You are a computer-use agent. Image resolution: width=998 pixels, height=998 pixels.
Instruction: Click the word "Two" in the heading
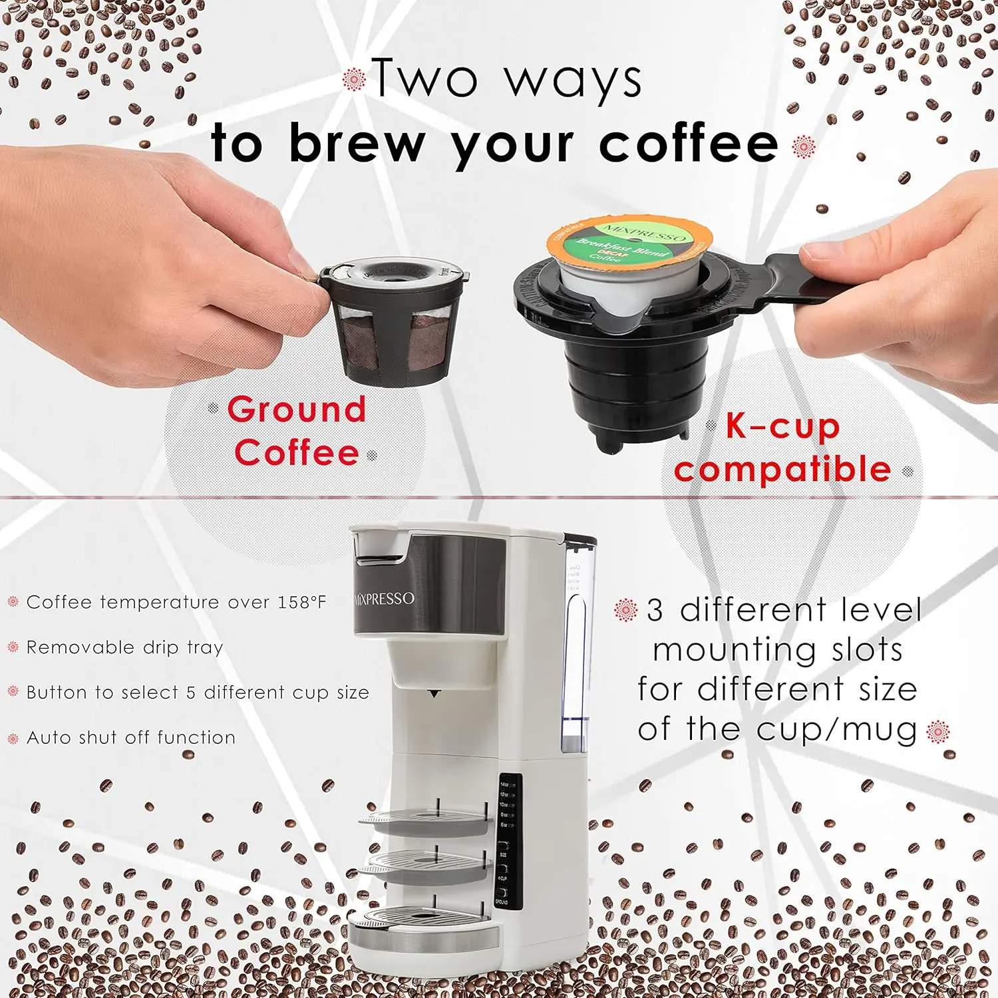[424, 79]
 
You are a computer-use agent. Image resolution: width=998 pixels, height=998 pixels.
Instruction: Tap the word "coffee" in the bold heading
[689, 144]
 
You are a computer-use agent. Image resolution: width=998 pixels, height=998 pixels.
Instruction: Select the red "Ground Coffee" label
[297, 431]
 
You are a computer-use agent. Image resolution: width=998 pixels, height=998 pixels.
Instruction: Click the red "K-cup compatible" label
[782, 448]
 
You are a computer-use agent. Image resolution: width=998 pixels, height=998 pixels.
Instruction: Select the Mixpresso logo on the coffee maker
[385, 598]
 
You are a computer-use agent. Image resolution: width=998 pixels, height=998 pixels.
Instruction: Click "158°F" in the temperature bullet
[302, 602]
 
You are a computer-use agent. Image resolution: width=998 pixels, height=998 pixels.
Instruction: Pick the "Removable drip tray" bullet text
[124, 647]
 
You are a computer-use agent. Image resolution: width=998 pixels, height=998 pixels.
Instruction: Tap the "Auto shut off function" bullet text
[131, 738]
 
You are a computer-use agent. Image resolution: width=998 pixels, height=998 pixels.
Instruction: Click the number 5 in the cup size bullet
[191, 693]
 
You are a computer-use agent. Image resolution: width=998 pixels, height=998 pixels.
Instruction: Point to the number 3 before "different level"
[655, 610]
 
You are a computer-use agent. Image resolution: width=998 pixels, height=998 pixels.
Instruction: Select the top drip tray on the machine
[426, 822]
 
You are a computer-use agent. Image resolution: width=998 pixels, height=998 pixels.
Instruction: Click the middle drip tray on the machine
[426, 865]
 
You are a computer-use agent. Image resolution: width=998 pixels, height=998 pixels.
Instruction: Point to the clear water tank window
[574, 659]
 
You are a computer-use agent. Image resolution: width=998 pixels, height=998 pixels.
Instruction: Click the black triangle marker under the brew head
[434, 694]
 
